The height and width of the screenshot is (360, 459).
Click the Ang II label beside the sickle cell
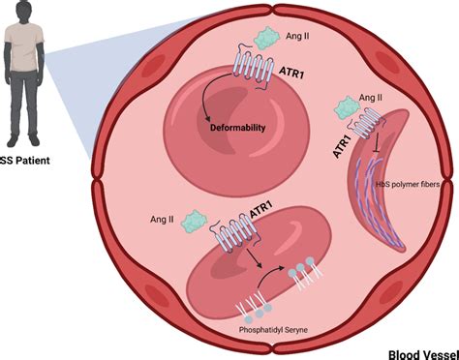click(368, 98)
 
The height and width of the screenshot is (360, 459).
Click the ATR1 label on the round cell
click(291, 71)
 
